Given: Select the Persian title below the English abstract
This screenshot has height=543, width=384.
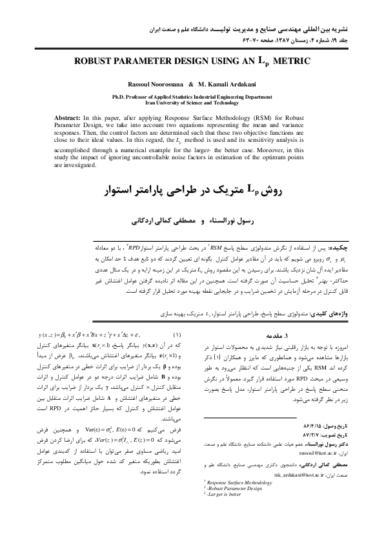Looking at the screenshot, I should pyautogui.click(x=192, y=192).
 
